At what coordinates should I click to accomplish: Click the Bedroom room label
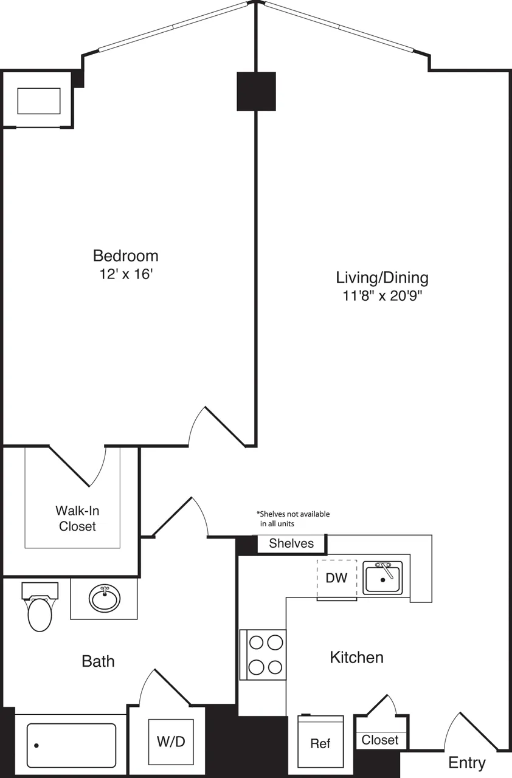click(x=125, y=255)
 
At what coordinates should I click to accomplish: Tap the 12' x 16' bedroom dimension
click(x=125, y=274)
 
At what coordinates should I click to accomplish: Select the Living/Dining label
click(x=382, y=278)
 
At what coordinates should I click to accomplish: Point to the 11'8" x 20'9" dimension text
click(x=382, y=296)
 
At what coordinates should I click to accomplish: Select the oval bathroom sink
click(x=105, y=599)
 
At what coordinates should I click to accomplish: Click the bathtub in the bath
click(x=71, y=745)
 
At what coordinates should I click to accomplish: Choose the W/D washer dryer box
click(x=171, y=742)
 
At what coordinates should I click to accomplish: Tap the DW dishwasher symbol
click(x=336, y=578)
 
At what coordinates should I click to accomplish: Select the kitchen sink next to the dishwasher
click(x=382, y=577)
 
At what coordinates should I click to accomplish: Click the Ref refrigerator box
click(x=320, y=743)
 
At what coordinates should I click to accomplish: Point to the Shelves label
click(x=291, y=543)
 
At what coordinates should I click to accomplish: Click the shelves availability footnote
click(x=294, y=518)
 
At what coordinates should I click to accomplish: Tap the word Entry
click(x=466, y=763)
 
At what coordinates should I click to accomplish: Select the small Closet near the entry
click(x=380, y=740)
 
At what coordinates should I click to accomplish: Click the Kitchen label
click(x=356, y=657)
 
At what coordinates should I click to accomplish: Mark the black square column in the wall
click(x=256, y=91)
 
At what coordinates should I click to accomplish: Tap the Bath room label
click(x=98, y=661)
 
